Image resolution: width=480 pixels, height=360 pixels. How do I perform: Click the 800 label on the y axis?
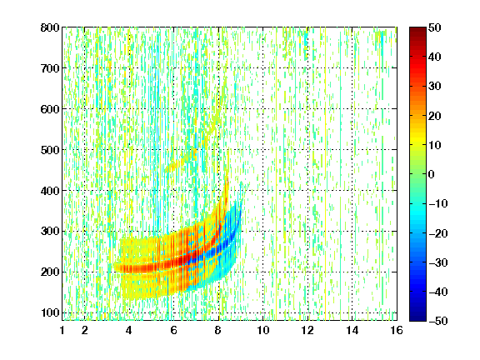click(50, 27)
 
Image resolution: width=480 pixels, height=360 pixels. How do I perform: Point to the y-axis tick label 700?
click(50, 68)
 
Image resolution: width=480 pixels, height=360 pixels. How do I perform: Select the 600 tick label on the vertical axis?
click(50, 109)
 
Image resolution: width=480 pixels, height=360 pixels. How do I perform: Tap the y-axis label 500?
click(50, 150)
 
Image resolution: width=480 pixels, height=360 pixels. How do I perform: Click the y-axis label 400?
click(50, 191)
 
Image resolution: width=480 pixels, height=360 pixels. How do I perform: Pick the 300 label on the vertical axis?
click(50, 232)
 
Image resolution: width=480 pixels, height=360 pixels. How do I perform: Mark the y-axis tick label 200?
click(50, 272)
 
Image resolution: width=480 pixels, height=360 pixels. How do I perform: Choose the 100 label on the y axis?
click(50, 312)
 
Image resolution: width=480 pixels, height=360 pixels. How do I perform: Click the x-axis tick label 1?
click(62, 330)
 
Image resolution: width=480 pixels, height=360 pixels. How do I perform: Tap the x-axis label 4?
click(129, 330)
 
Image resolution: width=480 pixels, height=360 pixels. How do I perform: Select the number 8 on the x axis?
click(218, 330)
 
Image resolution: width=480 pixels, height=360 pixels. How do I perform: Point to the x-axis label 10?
click(263, 330)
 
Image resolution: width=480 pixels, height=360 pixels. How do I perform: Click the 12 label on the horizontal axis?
click(307, 330)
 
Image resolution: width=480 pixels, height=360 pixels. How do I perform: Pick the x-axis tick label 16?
click(397, 330)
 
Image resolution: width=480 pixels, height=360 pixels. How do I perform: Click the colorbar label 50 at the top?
click(434, 27)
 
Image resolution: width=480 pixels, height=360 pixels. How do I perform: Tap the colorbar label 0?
click(432, 174)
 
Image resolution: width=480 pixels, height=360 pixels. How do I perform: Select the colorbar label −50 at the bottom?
click(438, 321)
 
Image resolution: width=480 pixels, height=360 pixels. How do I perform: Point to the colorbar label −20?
click(438, 233)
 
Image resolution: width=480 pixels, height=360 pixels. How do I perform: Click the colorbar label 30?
click(434, 87)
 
